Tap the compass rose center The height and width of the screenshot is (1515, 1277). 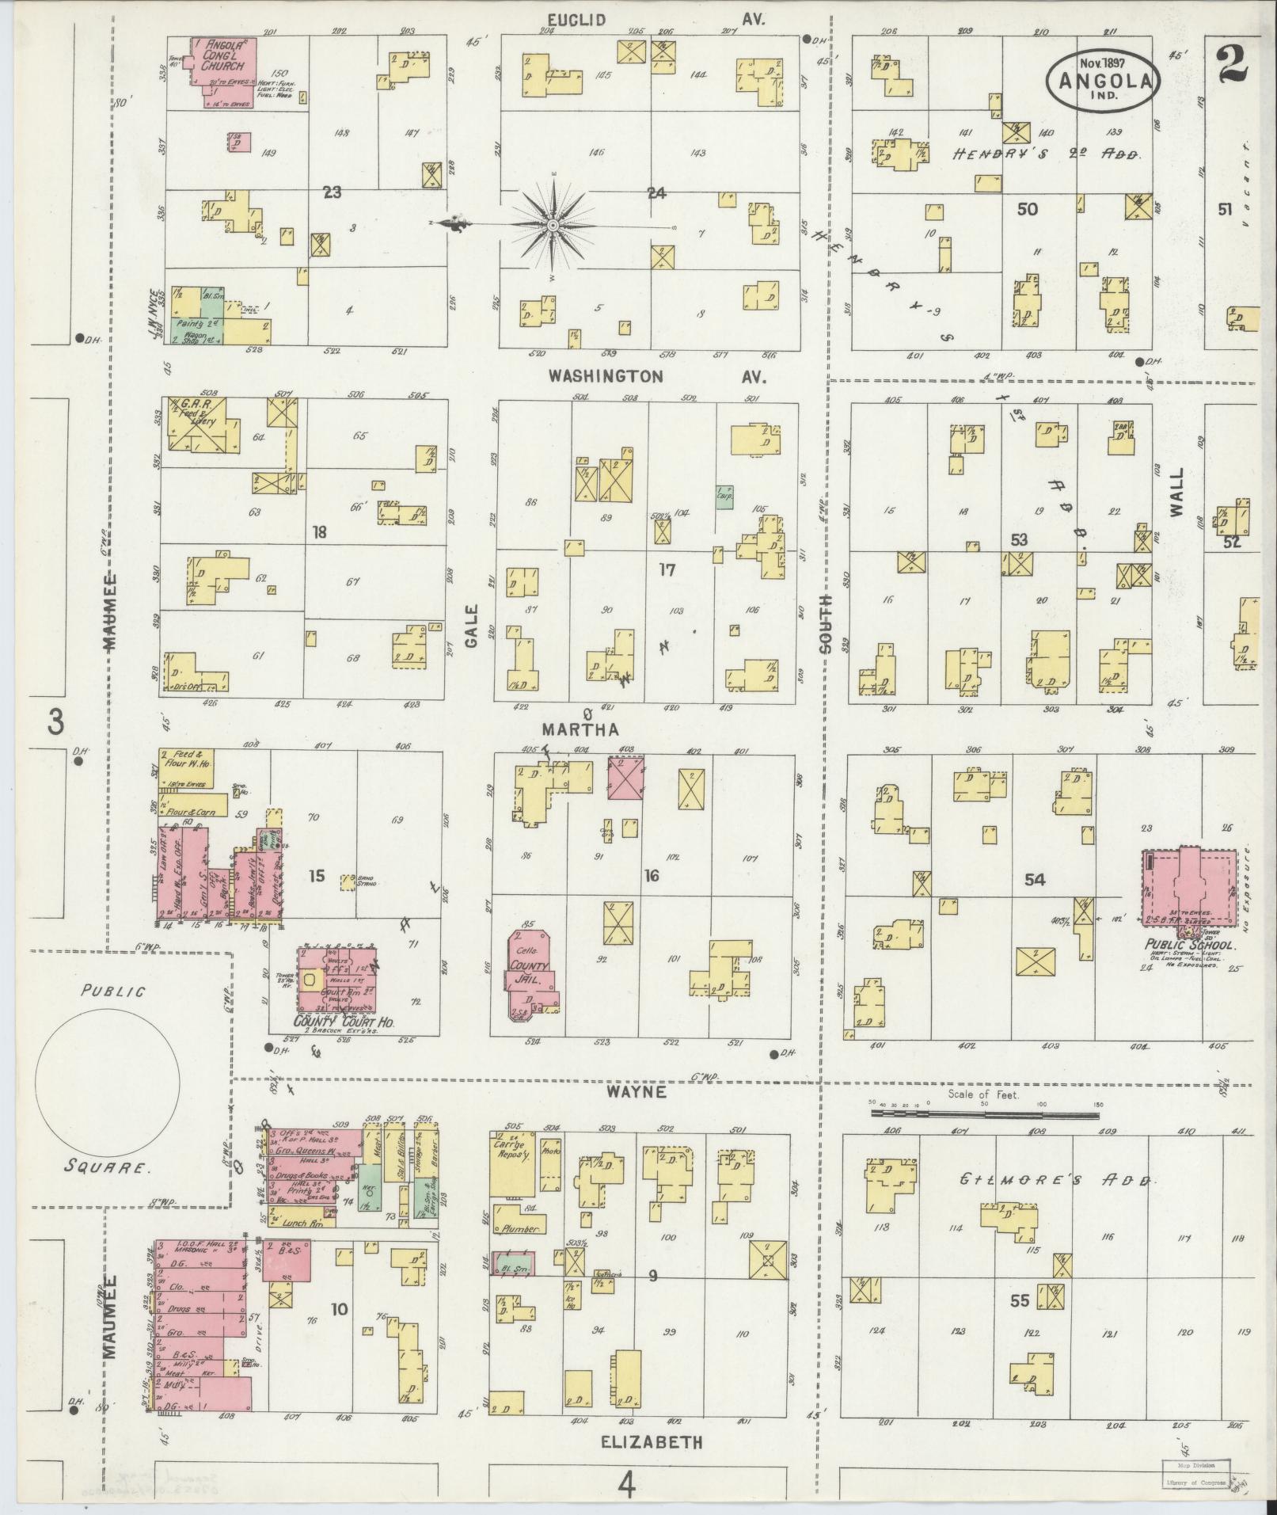pyautogui.click(x=553, y=226)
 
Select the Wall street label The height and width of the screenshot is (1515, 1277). pyautogui.click(x=1176, y=492)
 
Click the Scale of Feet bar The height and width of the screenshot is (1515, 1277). pyautogui.click(x=984, y=1113)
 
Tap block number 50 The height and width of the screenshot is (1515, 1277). pyautogui.click(x=1027, y=209)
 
